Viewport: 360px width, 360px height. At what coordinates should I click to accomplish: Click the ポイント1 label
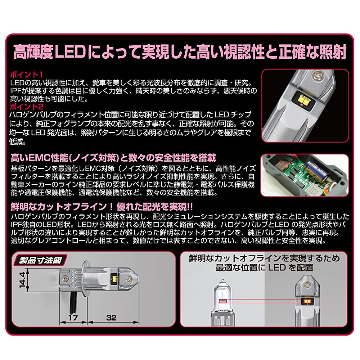[26, 75]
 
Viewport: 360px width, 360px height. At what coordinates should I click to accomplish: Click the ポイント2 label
[27, 107]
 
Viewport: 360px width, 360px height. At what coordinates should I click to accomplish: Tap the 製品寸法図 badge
[40, 260]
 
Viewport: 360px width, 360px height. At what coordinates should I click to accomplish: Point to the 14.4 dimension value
[22, 280]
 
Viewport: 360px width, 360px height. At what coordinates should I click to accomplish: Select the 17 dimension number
[73, 318]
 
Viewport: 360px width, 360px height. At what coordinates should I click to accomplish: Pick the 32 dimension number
[111, 318]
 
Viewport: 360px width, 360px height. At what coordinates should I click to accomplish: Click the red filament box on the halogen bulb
[222, 301]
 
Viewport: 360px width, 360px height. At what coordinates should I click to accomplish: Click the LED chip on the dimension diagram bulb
[113, 278]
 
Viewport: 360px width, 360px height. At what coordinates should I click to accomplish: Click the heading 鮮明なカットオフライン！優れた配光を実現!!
[102, 207]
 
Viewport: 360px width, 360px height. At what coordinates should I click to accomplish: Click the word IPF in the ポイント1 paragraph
[16, 91]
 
